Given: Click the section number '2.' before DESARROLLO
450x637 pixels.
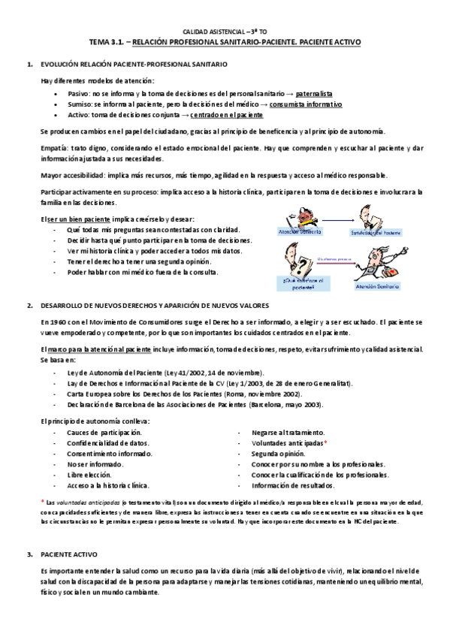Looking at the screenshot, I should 29,306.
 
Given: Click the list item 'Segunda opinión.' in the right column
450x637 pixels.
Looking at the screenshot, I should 279,454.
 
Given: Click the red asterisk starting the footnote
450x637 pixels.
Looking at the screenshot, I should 42,501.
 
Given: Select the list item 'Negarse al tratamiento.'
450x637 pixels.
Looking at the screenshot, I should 288,433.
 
